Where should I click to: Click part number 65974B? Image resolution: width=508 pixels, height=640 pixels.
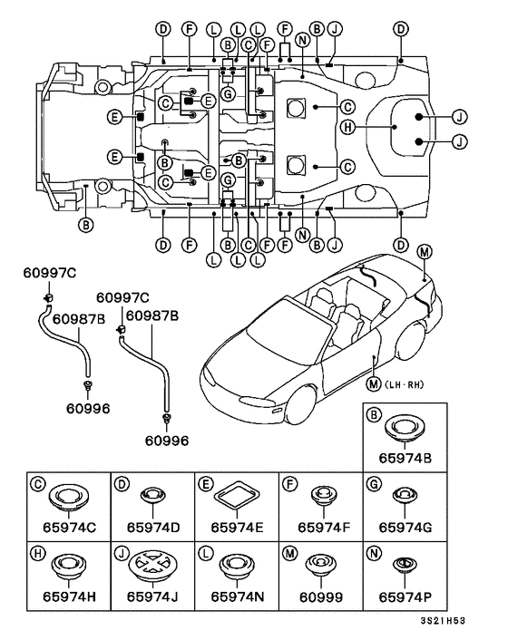pyautogui.click(x=405, y=458)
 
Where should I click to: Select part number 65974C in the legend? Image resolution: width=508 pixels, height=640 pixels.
pyautogui.click(x=69, y=528)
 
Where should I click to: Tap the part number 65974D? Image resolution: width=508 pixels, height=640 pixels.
pyautogui.click(x=153, y=528)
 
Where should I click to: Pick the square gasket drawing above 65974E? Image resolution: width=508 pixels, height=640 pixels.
pyautogui.click(x=237, y=495)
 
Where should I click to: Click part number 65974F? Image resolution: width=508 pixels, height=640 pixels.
pyautogui.click(x=324, y=528)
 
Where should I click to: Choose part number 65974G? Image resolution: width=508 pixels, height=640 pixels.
pyautogui.click(x=405, y=528)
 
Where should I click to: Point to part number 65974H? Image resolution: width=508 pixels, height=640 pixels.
pyautogui.click(x=69, y=596)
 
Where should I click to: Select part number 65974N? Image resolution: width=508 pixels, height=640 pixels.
pyautogui.click(x=238, y=596)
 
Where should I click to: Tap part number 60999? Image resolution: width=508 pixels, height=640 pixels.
pyautogui.click(x=321, y=596)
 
